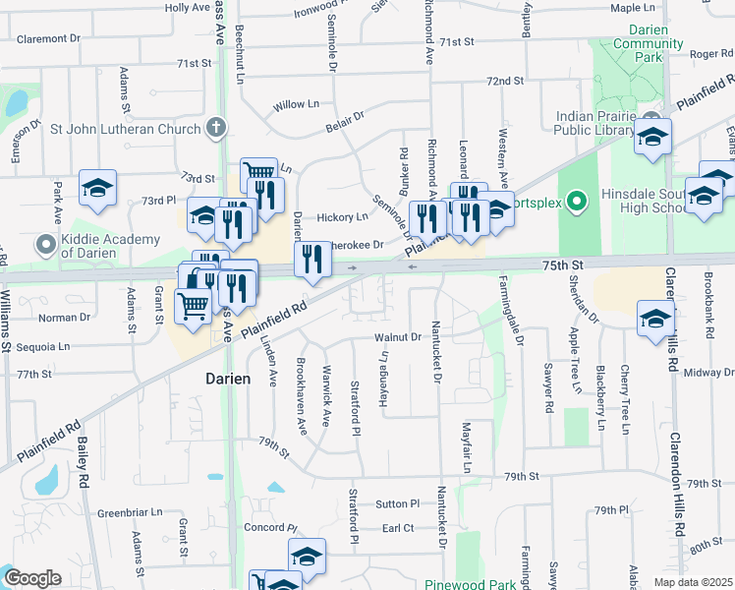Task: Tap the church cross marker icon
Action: coord(216,128)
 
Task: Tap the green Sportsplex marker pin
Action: coord(580,204)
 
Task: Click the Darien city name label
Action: coord(226,378)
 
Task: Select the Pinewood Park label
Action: coord(471,584)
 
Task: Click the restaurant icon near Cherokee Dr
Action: coord(312,260)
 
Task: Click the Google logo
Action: coord(31,578)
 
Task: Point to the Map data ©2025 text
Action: coord(693,582)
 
